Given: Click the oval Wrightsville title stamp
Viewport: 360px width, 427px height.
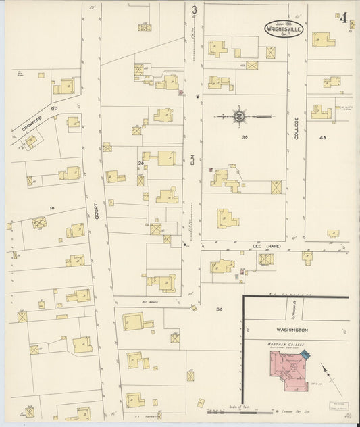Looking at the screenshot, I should [x=284, y=30].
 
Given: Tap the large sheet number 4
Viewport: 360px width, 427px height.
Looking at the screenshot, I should [x=343, y=18].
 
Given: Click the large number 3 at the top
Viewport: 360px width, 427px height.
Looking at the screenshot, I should [x=195, y=9].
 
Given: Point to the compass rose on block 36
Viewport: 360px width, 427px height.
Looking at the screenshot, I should [x=240, y=116].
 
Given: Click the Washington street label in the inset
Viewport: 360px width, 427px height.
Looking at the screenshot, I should [x=292, y=330].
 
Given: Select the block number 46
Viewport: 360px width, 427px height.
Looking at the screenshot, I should [x=322, y=138].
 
